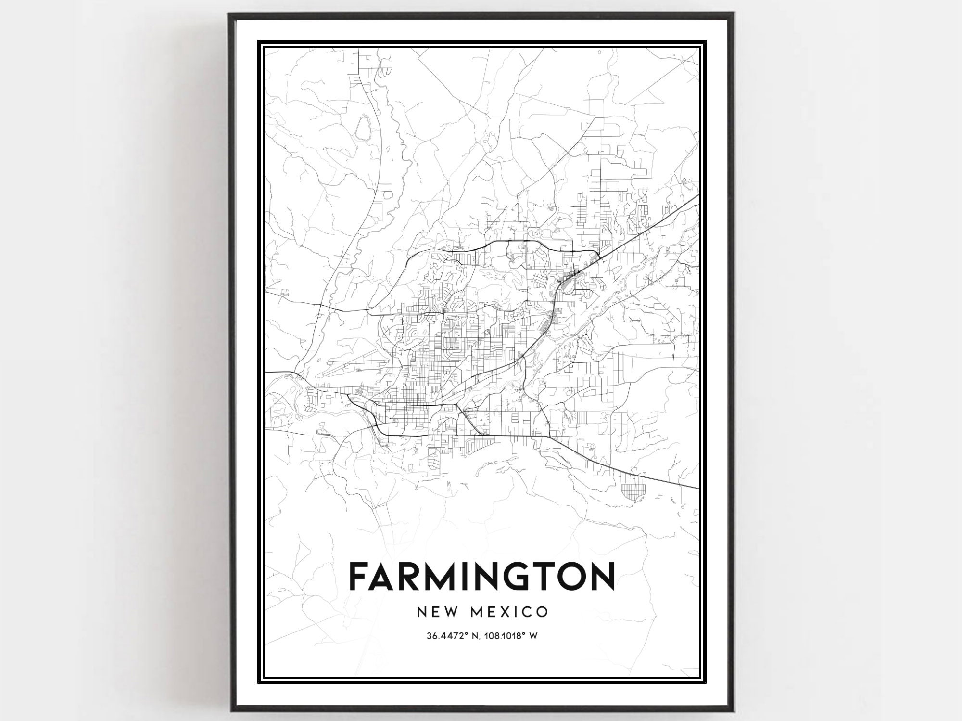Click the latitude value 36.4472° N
pos(448,636)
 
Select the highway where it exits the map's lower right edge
pos(697,488)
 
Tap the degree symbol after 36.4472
pos(466,634)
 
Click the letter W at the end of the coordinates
pos(533,636)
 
